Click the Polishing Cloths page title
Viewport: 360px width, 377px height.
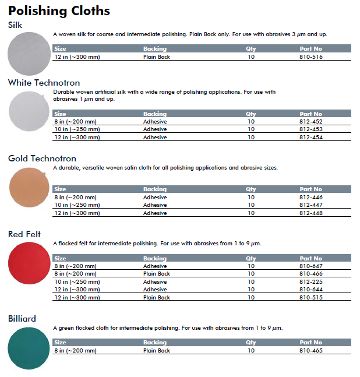click(59, 10)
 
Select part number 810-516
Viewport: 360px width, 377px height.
click(310, 57)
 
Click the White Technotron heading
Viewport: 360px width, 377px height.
click(44, 83)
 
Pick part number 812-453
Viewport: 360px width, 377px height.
click(310, 129)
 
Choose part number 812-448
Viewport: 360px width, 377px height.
click(310, 213)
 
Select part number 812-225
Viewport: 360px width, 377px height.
click(310, 281)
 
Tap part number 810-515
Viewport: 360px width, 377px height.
click(310, 297)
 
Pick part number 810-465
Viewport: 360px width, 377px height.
click(310, 351)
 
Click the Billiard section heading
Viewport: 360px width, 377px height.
click(22, 319)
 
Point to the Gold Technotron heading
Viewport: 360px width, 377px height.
click(42, 158)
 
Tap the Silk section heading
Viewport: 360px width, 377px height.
click(15, 25)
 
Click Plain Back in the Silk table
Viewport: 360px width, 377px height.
click(157, 57)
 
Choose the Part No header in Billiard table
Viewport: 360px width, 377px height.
click(310, 343)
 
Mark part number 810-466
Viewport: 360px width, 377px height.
click(310, 273)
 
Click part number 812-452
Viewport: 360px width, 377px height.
click(310, 122)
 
